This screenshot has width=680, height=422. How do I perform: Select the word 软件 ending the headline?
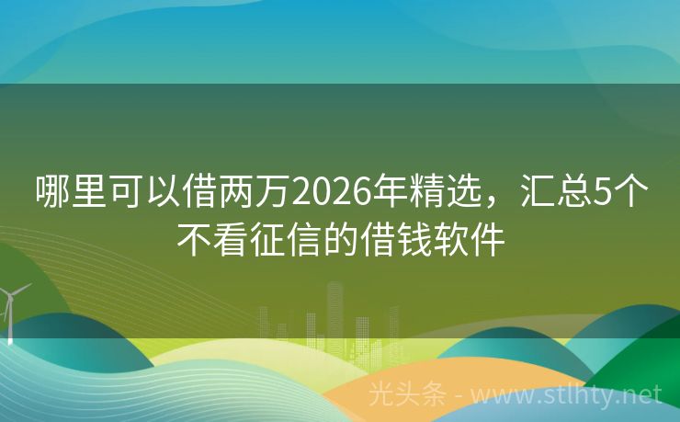[474, 241]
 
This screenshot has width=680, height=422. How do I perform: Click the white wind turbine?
[10, 308]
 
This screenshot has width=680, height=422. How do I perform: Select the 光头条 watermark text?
[407, 394]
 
